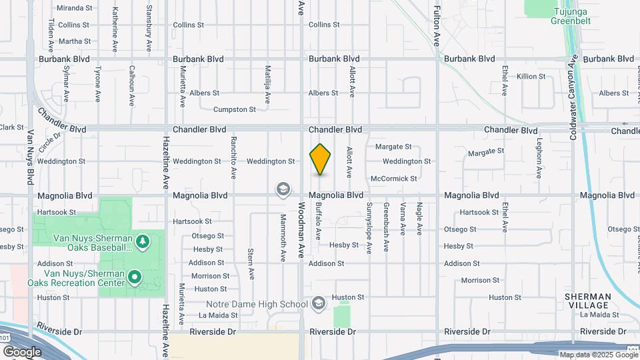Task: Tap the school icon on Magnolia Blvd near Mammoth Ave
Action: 283,190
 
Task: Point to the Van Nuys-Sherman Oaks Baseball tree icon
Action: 141,240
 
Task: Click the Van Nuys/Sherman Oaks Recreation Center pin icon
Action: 135,276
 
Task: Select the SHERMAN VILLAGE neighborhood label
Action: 587,301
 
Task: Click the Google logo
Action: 22,351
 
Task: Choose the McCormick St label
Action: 393,179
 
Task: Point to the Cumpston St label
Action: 234,109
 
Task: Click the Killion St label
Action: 531,77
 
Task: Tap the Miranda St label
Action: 74,8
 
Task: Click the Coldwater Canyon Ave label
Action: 572,97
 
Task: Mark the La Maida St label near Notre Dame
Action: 218,315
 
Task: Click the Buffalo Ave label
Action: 319,221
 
